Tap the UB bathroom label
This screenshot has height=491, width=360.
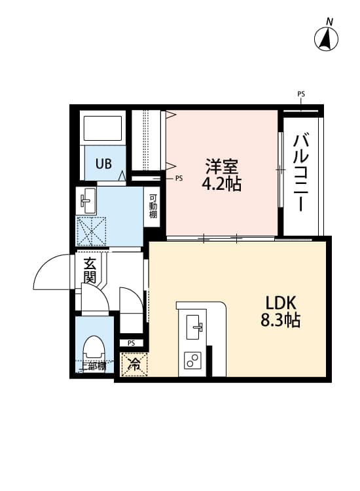[x=104, y=164]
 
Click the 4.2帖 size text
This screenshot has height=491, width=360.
[x=221, y=184]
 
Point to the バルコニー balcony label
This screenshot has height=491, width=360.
[x=301, y=172]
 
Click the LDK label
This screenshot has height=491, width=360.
[x=281, y=303]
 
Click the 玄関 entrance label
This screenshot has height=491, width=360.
[x=90, y=271]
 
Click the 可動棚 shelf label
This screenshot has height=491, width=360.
[x=153, y=207]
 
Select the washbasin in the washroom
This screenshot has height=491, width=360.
[x=87, y=200]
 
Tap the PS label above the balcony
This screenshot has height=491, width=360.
[x=301, y=94]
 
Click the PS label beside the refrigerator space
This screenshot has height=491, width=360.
[x=132, y=343]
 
